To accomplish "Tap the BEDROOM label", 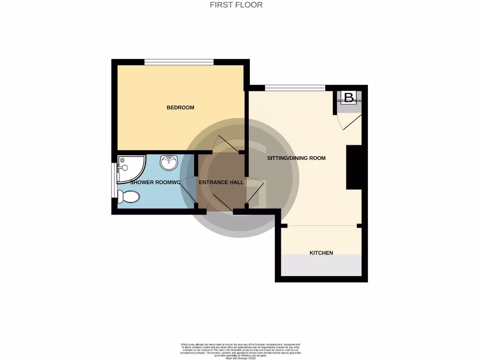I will click(x=180, y=108).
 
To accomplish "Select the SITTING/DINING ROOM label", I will click(x=296, y=158).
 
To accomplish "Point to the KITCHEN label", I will click(x=321, y=253).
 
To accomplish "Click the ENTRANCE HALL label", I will click(x=221, y=182).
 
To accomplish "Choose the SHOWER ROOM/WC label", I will click(x=155, y=182).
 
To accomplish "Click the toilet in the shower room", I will click(x=129, y=197).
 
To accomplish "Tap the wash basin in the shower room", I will click(x=169, y=163).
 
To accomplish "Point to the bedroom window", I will click(x=179, y=62).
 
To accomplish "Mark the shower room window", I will click(x=113, y=180).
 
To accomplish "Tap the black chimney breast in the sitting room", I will click(x=353, y=167).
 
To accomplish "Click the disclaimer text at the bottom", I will click(x=240, y=351).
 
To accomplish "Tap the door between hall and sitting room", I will click(x=256, y=192).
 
